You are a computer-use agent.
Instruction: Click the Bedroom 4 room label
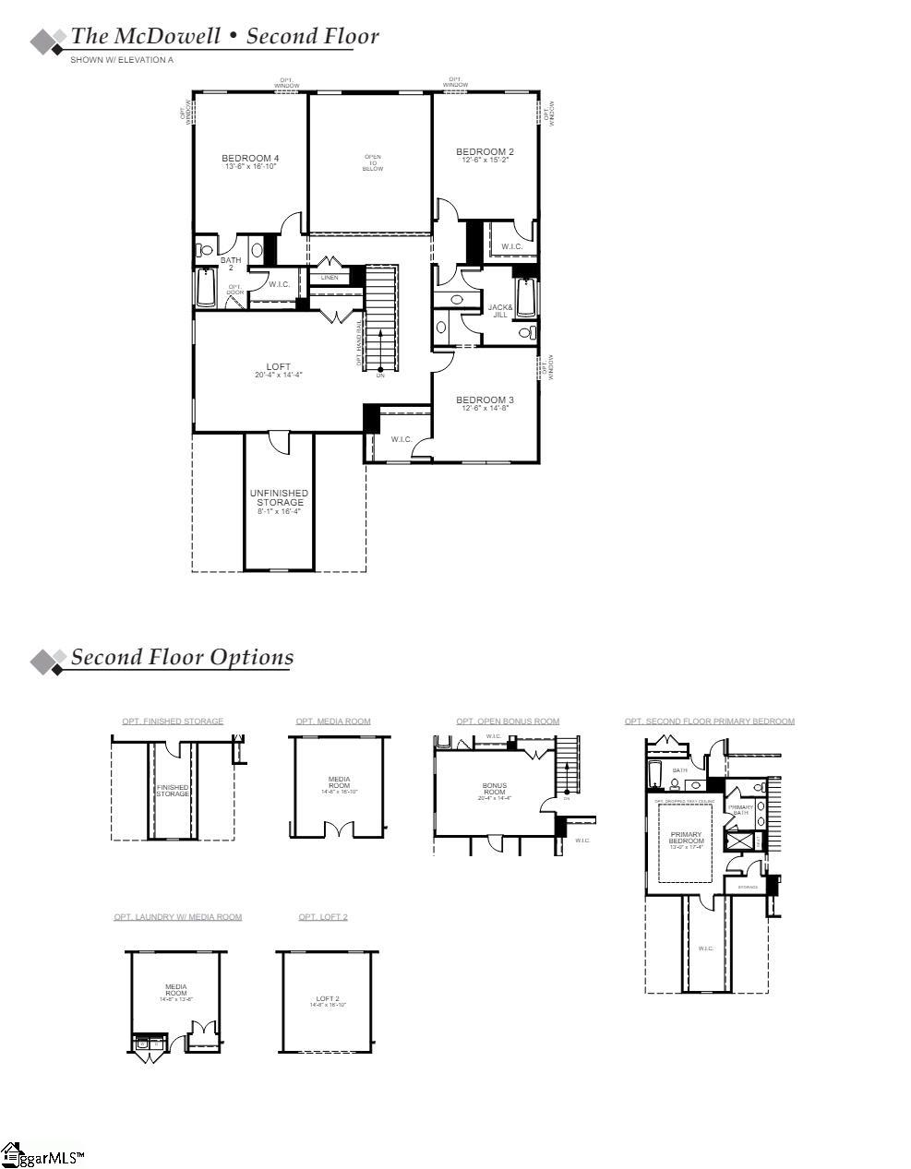click(250, 159)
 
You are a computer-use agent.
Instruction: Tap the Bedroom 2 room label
click(485, 152)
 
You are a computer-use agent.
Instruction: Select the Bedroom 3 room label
click(485, 400)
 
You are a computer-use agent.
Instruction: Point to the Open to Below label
click(372, 163)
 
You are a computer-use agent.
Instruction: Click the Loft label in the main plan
click(278, 367)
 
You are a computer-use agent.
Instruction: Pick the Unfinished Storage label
click(279, 498)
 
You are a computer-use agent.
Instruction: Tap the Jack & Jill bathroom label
click(499, 311)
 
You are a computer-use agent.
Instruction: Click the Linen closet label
click(330, 278)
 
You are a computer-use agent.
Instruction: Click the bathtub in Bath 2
click(205, 288)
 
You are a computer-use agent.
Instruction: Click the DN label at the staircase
click(379, 376)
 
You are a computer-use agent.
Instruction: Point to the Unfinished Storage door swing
click(278, 443)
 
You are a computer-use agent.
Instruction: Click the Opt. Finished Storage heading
click(173, 722)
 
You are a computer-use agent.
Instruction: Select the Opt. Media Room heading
click(333, 722)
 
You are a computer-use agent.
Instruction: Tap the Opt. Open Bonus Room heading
click(508, 722)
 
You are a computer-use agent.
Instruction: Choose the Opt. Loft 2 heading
click(323, 917)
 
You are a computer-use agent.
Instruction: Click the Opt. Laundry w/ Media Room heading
click(178, 917)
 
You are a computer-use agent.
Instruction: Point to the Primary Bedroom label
click(686, 838)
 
